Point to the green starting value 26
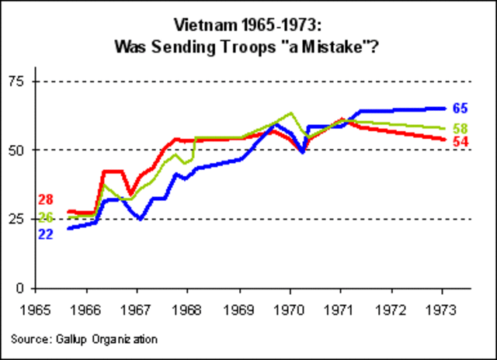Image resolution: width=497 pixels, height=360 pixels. coord(45,218)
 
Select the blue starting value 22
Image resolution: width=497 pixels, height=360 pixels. coord(45,234)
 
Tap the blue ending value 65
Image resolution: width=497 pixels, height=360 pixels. coord(461,108)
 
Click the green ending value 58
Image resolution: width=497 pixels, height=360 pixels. coord(461,128)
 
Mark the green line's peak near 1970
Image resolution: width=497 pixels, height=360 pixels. coord(290,113)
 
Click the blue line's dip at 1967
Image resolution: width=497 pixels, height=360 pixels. coord(140,219)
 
